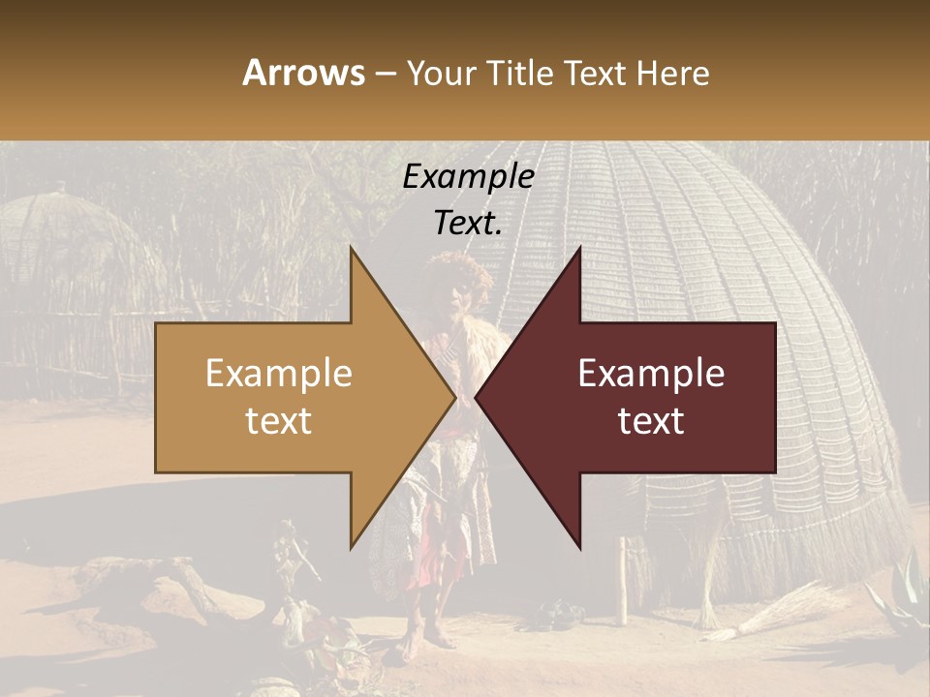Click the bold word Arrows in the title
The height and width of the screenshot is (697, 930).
pos(304,73)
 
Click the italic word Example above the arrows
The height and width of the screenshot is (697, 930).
pos(468,177)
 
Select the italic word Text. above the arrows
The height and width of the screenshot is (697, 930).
pos(468,223)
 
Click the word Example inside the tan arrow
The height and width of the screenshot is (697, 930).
pos(279,374)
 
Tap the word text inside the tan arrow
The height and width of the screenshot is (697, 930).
pos(279,420)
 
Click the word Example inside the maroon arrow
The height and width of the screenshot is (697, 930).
pos(651,374)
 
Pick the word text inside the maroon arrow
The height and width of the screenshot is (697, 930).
pos(651,420)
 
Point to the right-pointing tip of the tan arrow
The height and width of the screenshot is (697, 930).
pos(455,397)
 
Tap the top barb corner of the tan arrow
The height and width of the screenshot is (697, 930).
pos(351,248)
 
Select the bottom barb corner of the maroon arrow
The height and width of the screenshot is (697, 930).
pos(580,549)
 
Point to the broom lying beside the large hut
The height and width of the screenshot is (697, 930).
pos(775,610)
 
